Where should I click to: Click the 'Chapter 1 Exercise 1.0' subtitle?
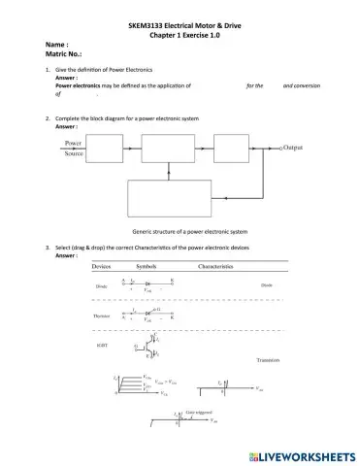click(x=180, y=32)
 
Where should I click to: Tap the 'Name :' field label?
click(x=56, y=45)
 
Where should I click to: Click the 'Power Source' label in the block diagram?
click(x=74, y=148)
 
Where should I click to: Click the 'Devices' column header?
click(x=103, y=266)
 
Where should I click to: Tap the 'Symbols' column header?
click(x=151, y=266)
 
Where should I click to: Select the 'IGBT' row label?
click(x=101, y=345)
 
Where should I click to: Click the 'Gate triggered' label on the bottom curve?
click(x=196, y=414)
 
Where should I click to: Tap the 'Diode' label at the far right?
click(x=268, y=285)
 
